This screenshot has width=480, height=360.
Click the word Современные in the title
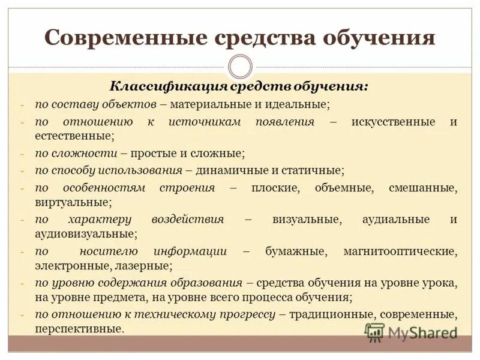point(114,38)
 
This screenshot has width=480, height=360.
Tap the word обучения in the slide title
point(379,38)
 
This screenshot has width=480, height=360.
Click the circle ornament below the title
point(240,66)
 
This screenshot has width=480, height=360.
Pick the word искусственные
point(393,122)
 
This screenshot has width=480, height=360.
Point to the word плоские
point(277,188)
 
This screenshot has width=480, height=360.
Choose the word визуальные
point(307,219)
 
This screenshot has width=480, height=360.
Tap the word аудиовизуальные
point(85,233)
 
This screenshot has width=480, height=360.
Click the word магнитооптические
point(400,251)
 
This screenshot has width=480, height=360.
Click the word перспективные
point(79,328)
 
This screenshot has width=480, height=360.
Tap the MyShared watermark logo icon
point(374,332)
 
